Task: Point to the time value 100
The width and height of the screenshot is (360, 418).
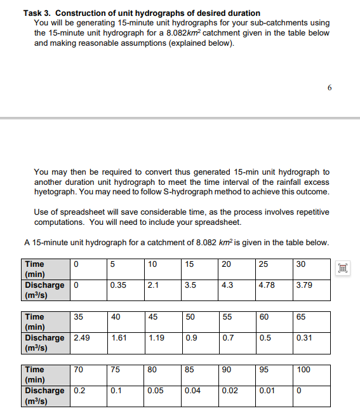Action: coord(303,369)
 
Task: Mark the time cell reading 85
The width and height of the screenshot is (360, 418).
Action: coord(189,369)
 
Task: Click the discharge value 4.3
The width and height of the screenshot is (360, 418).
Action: coord(228,285)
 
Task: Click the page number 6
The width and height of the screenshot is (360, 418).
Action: coord(330,88)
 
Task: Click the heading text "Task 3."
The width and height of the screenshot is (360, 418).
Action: coord(37,13)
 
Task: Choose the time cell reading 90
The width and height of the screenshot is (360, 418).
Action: coord(227,369)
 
